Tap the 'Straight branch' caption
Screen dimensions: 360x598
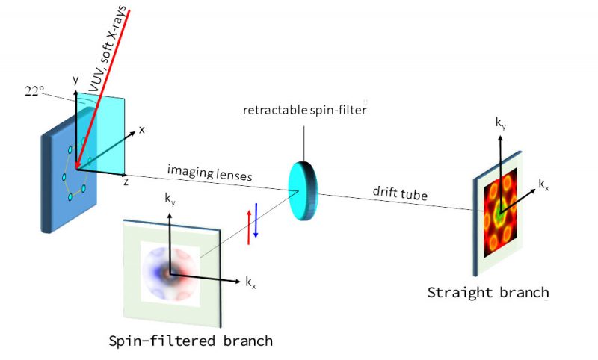[x=487, y=291]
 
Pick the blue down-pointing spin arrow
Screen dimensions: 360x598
[x=256, y=220]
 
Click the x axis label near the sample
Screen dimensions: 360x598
[x=141, y=129]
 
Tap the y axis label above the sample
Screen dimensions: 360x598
[x=75, y=78]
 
